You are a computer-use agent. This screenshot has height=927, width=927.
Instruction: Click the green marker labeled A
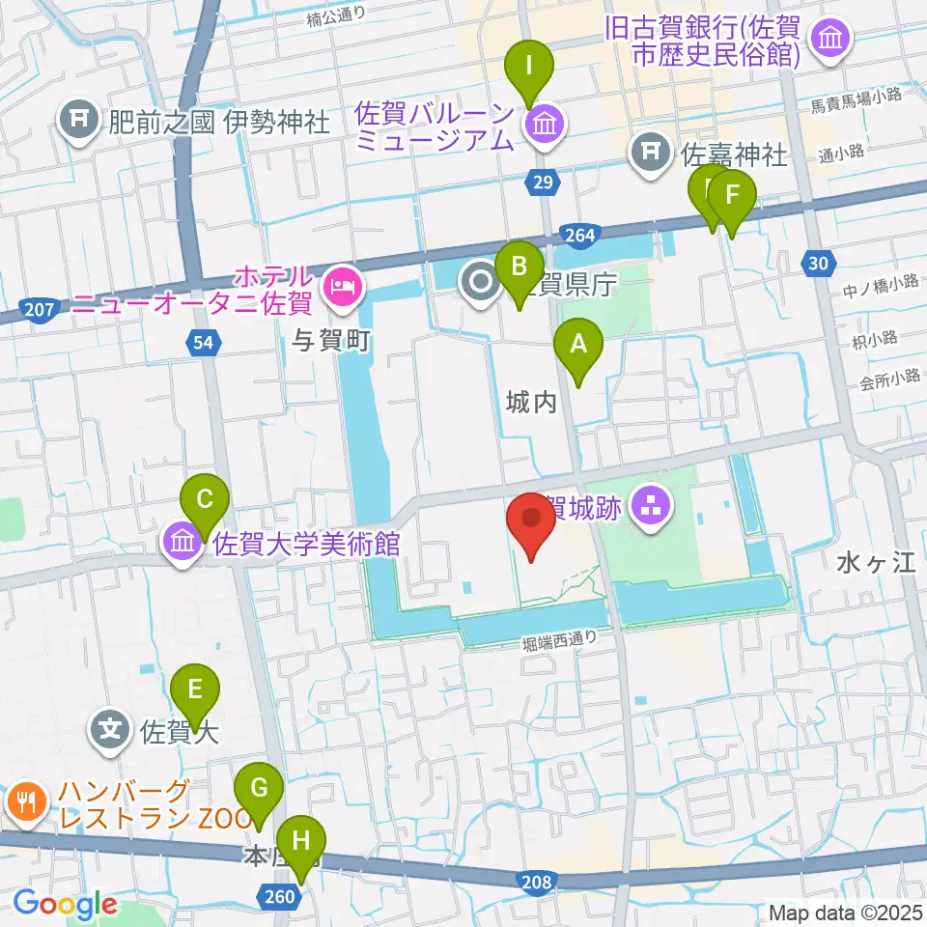(x=578, y=345)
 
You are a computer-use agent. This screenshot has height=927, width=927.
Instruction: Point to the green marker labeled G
(x=259, y=789)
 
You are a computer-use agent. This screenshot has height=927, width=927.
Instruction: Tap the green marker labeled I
(x=529, y=68)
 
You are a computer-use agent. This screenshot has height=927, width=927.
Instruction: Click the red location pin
(x=530, y=520)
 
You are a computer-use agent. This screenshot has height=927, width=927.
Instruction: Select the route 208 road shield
(x=537, y=882)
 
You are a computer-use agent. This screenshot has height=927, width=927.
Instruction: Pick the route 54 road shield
(x=206, y=342)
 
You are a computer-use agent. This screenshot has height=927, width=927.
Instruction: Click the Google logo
(x=65, y=904)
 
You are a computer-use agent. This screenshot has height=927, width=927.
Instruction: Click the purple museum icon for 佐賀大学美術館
(x=183, y=544)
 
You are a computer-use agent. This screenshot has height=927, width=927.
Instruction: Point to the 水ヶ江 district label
(x=876, y=563)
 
